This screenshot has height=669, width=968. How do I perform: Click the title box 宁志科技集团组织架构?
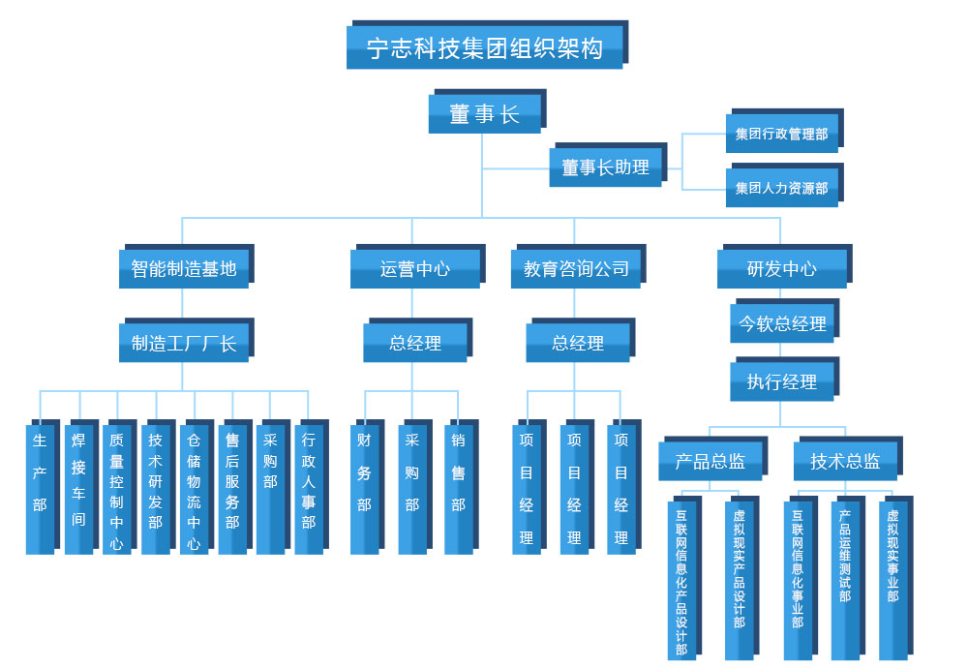tap(485, 47)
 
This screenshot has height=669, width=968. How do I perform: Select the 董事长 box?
tap(484, 114)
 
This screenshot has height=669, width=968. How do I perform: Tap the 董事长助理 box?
tap(606, 167)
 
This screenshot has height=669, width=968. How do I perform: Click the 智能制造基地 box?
tap(184, 268)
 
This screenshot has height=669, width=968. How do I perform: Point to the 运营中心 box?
tap(415, 268)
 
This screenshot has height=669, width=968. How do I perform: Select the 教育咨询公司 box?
tap(576, 268)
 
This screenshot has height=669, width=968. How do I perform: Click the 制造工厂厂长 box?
tap(184, 343)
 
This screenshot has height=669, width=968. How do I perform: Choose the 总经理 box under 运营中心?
tap(415, 343)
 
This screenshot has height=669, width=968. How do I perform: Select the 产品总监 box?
tap(711, 462)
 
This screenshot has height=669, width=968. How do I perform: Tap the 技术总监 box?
tap(845, 462)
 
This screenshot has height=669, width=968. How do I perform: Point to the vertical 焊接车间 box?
tap(78, 489)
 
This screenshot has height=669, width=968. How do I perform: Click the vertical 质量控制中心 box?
tap(116, 489)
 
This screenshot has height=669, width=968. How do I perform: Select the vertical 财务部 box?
tap(364, 489)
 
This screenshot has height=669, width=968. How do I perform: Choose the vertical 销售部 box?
tap(458, 489)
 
